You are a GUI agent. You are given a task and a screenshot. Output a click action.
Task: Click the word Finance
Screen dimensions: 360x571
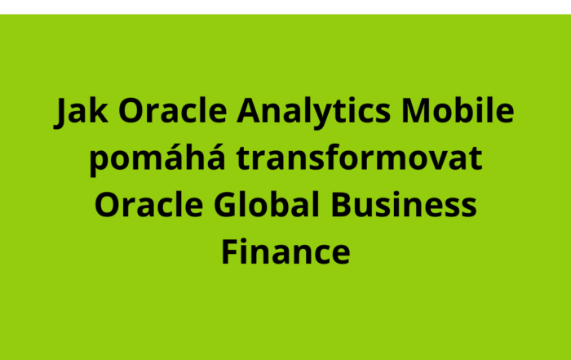coord(285,251)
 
